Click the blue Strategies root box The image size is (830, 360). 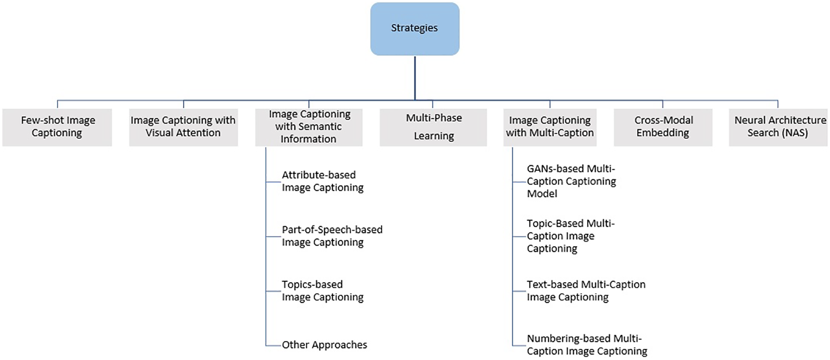415,29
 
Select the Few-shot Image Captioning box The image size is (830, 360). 57,127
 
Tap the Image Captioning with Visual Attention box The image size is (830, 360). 183,127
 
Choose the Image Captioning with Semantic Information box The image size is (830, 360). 309,127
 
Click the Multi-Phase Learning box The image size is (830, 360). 433,127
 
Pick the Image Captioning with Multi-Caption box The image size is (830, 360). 550,127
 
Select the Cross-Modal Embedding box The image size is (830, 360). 663,127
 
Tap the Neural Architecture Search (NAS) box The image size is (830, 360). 778,127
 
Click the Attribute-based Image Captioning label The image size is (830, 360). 322,181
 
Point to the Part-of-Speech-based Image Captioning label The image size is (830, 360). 332,236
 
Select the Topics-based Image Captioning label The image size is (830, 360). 322,291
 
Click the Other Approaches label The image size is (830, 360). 324,345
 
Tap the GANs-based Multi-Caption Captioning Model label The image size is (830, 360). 571,181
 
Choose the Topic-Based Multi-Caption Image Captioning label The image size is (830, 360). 570,236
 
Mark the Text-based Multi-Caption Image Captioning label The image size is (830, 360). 585,291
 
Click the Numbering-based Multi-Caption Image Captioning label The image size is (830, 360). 586,345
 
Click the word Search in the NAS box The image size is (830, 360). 763,133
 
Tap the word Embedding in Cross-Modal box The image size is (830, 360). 662,133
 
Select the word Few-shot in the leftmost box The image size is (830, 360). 39,120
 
